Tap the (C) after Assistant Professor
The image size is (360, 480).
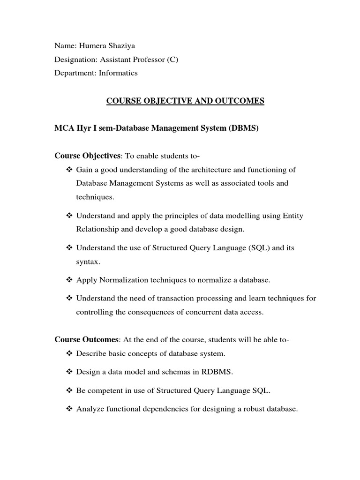pyautogui.click(x=172, y=60)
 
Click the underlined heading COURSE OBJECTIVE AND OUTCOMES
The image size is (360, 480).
pyautogui.click(x=186, y=101)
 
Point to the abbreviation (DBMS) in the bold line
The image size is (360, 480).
pyautogui.click(x=244, y=128)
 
